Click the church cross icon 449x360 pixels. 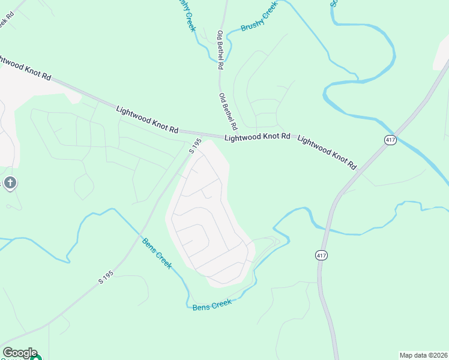tap(10, 182)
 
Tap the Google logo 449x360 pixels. tap(20, 353)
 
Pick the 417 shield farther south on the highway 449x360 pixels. tap(322, 256)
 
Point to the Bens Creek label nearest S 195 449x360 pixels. tap(157, 253)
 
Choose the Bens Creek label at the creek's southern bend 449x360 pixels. tap(212, 304)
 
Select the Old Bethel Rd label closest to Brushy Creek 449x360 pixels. tap(220, 50)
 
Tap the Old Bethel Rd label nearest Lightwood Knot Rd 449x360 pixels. tap(229, 112)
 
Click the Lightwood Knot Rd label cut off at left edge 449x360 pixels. tap(25, 67)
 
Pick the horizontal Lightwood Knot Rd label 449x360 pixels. tap(257, 137)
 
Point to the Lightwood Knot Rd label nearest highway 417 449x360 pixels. tap(327, 152)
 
